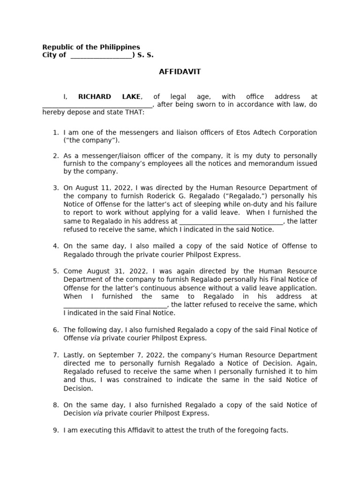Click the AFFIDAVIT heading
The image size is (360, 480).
point(180,72)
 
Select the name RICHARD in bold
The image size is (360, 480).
point(94,97)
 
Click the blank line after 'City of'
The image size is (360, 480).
point(101,56)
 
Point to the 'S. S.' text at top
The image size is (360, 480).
point(145,55)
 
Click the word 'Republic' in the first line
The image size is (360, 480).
point(58,47)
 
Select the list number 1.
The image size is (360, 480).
point(55,133)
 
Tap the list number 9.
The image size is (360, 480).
point(55,430)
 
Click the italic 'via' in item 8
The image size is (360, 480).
point(97,413)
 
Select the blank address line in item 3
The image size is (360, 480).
point(231,222)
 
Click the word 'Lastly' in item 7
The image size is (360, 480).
point(74,355)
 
